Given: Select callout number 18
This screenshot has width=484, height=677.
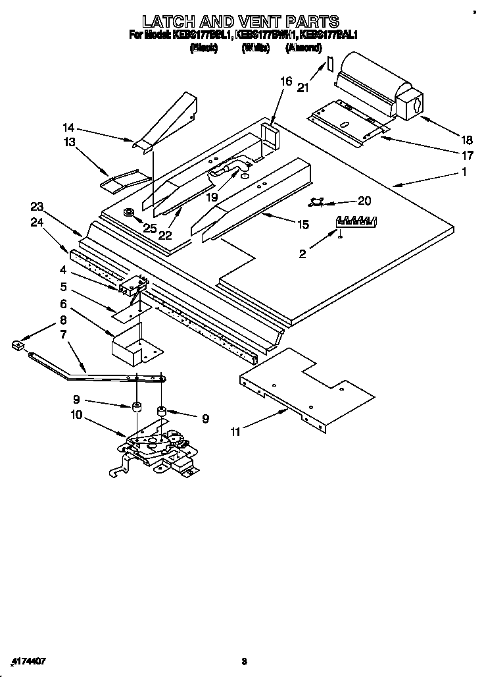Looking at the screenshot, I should point(467,140).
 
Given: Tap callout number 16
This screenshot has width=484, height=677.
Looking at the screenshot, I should point(286,82).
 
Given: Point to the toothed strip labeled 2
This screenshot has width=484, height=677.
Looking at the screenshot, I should point(355,222).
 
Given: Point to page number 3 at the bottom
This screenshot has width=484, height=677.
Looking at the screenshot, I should point(243,661).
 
